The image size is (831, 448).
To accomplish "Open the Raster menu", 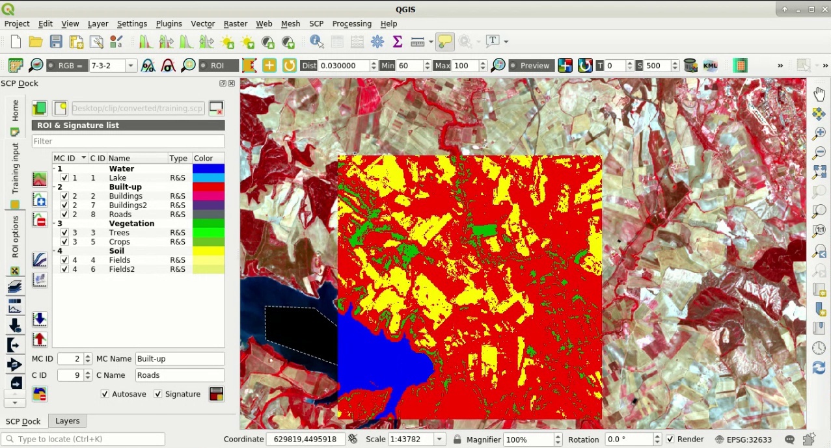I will click(235, 23).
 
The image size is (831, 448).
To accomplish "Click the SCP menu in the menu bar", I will click(316, 23).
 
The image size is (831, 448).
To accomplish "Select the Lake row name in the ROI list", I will click(118, 178).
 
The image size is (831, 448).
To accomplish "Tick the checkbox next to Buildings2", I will click(64, 205).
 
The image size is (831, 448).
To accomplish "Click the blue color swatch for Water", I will click(208, 168).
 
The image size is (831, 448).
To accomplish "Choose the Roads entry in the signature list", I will click(120, 215).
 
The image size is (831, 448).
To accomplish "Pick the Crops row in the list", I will click(119, 242).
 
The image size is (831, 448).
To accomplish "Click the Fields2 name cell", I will click(122, 269).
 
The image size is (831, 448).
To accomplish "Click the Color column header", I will click(204, 158).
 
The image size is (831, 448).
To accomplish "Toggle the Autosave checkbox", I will click(105, 394).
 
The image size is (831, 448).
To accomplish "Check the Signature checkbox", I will click(158, 394).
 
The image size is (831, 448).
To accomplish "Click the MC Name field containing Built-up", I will click(180, 359).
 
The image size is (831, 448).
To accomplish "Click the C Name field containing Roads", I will click(180, 375).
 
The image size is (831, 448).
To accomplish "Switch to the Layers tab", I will click(67, 421).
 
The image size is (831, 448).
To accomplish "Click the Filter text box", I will click(128, 141).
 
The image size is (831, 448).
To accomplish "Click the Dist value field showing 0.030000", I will click(343, 66).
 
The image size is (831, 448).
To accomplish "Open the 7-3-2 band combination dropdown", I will click(131, 66).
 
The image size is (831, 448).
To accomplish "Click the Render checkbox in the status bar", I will click(670, 440).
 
